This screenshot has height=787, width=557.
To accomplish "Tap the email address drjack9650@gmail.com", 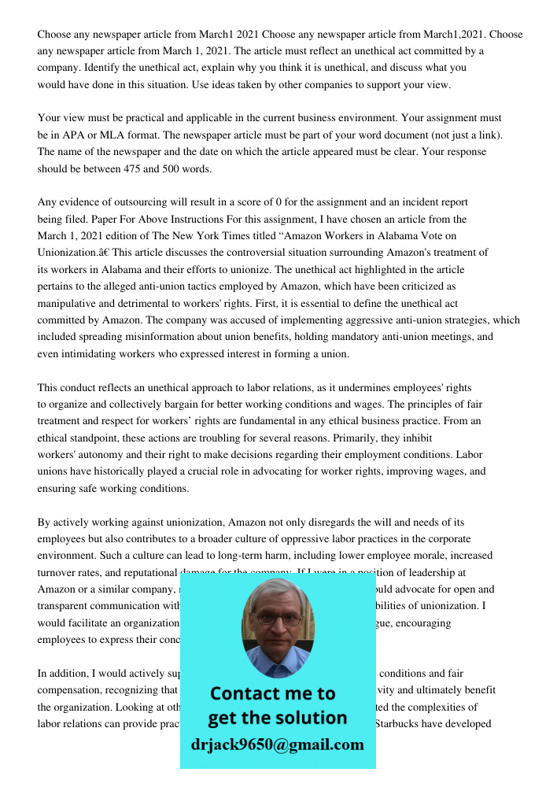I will (x=278, y=745).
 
